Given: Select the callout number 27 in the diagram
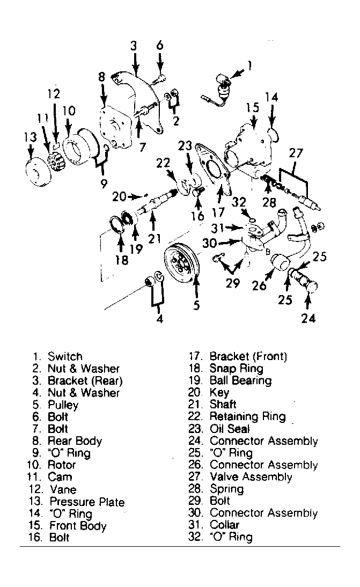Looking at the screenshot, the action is [296, 153].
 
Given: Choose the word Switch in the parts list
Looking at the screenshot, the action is [65, 356].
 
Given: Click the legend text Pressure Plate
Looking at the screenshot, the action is [87, 502].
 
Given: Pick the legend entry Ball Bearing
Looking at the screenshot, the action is [240, 380].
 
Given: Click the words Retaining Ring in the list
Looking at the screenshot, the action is [247, 416].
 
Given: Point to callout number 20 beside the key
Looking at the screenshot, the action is [120, 196].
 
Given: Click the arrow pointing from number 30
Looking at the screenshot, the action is [230, 243].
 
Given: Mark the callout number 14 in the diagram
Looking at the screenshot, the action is [271, 97].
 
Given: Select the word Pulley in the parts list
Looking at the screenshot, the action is [63, 405].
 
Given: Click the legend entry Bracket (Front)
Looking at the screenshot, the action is [248, 356].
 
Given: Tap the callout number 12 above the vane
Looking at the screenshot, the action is [54, 93].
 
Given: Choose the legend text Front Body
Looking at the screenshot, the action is [78, 526].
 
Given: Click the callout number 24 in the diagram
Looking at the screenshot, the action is [308, 318].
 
